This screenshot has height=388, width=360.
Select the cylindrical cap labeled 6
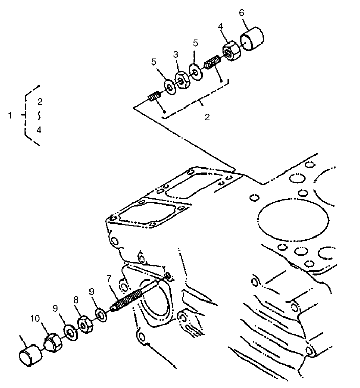253,40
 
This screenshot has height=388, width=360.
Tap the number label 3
175,54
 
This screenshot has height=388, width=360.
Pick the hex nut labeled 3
182,79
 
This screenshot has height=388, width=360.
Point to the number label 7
108,278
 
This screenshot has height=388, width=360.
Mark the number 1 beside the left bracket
10,116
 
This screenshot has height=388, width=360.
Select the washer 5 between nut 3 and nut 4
194,71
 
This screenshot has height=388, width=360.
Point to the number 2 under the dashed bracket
207,118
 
